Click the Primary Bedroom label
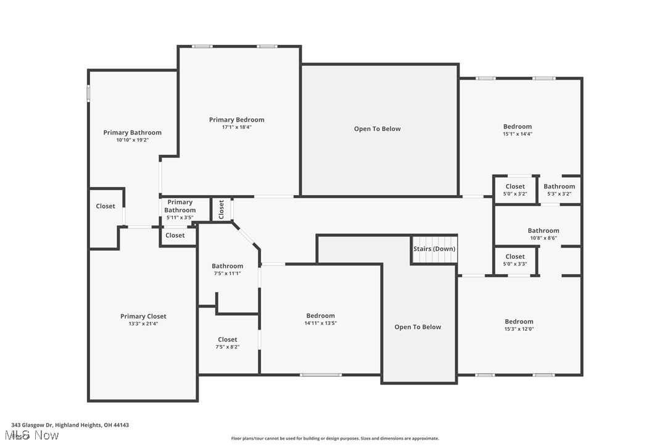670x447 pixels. click(x=236, y=120)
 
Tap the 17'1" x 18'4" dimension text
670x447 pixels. click(x=236, y=127)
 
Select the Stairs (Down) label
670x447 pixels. click(x=434, y=249)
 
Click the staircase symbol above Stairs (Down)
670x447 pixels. click(x=434, y=240)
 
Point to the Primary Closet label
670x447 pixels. click(x=143, y=316)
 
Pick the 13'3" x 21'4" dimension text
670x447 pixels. click(x=143, y=324)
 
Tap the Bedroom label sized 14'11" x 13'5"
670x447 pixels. click(x=320, y=315)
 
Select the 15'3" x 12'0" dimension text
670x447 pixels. click(x=519, y=328)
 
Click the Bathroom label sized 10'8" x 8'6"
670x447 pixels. click(x=543, y=230)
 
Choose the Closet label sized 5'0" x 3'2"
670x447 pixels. click(x=515, y=186)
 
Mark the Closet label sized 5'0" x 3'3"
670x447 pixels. click(x=515, y=256)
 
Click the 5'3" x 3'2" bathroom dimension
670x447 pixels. click(x=559, y=194)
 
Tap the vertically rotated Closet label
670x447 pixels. click(x=221, y=209)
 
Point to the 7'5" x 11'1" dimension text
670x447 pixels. click(x=227, y=273)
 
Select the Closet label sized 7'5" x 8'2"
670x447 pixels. click(x=227, y=340)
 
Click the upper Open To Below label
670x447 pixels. click(x=377, y=129)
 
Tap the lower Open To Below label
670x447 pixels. click(x=418, y=327)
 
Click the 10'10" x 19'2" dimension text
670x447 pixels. click(x=132, y=140)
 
